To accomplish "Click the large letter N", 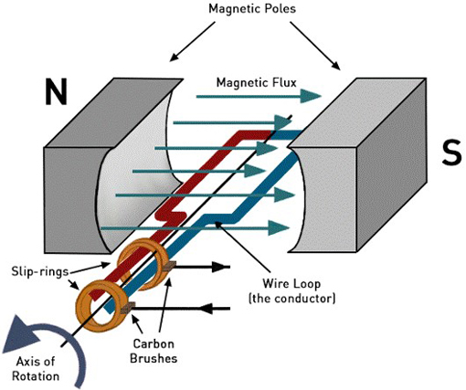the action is [56, 91].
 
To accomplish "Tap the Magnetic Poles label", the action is [252, 8].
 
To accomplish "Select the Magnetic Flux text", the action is [256, 82].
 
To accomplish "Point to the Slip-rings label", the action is [39, 271].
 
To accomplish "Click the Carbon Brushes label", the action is [154, 351].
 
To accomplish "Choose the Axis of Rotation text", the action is [36, 369].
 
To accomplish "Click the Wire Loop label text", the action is [291, 284].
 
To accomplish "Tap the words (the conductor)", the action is [291, 298].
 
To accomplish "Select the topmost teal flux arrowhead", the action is [311, 97].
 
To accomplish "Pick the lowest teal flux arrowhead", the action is [279, 227].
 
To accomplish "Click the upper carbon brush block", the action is [169, 267].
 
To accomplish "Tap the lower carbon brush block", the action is [127, 308].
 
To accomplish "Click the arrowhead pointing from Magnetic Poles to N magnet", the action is [175, 57].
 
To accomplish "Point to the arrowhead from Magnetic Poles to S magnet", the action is [335, 65].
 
